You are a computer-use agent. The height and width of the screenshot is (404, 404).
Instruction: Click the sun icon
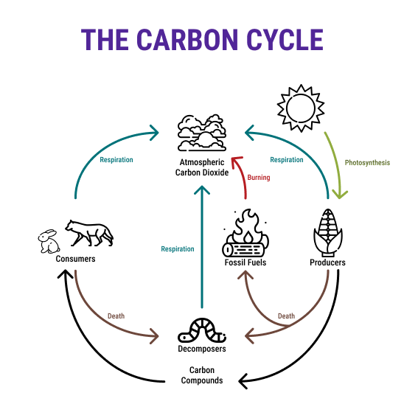301,108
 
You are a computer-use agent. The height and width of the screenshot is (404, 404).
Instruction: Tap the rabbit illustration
49,241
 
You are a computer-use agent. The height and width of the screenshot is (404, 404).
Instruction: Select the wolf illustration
89,233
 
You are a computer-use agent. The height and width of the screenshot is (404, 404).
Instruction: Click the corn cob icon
328,232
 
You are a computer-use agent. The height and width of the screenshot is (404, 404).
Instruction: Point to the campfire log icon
245,233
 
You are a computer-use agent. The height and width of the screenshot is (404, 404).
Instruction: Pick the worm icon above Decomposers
202,330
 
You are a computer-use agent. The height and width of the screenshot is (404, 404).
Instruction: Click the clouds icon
202,133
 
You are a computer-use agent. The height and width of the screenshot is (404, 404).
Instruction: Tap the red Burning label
259,177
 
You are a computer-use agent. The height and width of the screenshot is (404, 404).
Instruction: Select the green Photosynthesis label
367,163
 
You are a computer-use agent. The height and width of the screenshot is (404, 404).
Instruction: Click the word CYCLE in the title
285,40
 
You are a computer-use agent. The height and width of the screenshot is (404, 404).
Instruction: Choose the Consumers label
75,259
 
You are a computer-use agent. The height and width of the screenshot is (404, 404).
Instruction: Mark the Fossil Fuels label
245,262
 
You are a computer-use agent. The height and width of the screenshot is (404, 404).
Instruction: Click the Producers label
327,262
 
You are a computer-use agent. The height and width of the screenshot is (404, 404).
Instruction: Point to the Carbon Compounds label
202,375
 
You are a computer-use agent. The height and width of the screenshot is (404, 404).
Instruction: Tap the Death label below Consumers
116,316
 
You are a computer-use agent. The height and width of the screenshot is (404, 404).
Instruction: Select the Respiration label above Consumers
116,160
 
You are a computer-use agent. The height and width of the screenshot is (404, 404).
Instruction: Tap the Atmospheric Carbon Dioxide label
202,167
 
